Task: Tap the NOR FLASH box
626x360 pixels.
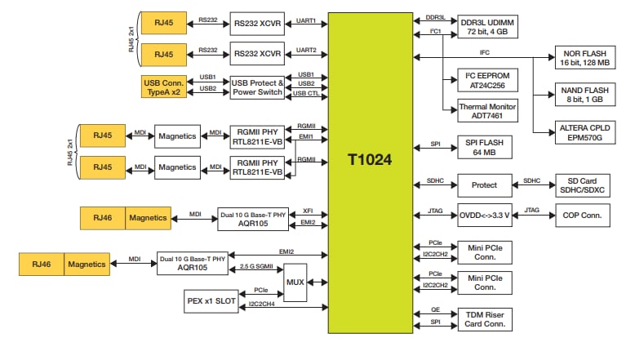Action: point(585,58)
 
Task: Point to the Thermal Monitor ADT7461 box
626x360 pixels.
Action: point(485,111)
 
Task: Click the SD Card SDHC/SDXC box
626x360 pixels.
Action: point(585,184)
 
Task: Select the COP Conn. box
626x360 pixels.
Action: point(585,215)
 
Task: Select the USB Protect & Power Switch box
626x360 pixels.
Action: point(258,87)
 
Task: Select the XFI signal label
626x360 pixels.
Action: point(308,210)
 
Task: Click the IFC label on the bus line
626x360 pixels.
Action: point(485,52)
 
